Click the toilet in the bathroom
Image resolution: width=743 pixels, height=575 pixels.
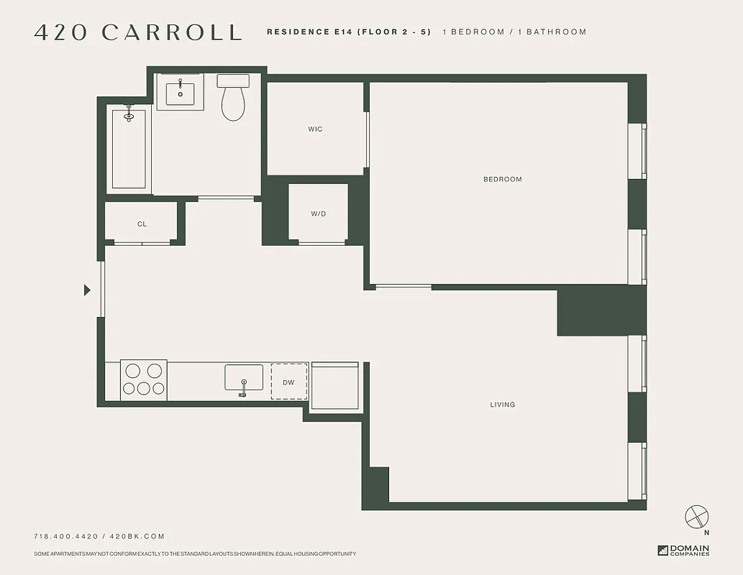point(233,99)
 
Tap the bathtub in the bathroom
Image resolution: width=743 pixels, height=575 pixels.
point(129,149)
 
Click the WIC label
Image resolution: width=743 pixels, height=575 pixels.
point(315,129)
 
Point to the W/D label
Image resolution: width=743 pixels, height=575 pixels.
point(318,213)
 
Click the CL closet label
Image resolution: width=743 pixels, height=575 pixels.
point(142,224)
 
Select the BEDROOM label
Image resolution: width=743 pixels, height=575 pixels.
point(502,179)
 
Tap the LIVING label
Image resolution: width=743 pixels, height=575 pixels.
point(502,405)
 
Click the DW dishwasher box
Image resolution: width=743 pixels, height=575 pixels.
point(288,382)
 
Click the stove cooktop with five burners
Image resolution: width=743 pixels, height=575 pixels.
point(143,379)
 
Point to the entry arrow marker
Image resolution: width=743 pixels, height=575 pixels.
point(87,290)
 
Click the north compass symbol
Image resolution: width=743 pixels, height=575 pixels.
point(696,516)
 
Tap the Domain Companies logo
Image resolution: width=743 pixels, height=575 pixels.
point(683,551)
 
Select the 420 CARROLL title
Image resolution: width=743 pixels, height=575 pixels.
point(137,32)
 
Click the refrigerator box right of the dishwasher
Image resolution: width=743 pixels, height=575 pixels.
point(334,386)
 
